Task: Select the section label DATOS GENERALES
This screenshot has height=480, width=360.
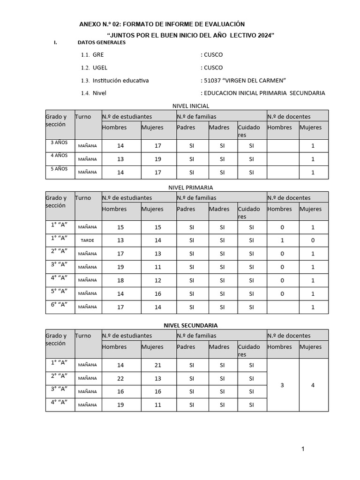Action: tap(101, 43)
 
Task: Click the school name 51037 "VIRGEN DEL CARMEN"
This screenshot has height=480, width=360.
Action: tap(245, 80)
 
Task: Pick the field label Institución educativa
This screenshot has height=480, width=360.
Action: tap(120, 80)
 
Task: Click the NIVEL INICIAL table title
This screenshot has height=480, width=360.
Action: tap(191, 106)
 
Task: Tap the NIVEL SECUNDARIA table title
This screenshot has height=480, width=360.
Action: tap(190, 325)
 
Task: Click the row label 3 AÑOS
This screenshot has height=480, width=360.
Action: tap(59, 142)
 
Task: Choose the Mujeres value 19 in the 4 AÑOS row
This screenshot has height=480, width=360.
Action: tap(157, 159)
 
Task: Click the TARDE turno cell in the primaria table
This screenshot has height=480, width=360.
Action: tap(88, 240)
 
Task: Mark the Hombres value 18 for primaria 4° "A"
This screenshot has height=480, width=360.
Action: tap(120, 280)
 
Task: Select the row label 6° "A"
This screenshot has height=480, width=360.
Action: tap(59, 304)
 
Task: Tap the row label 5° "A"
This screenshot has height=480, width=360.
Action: tap(59, 291)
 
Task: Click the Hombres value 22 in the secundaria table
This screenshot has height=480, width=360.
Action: tap(120, 378)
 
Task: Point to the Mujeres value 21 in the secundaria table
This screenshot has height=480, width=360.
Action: tap(157, 365)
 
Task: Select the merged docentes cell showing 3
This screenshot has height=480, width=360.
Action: tap(282, 385)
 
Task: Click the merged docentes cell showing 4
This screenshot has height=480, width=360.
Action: tap(313, 385)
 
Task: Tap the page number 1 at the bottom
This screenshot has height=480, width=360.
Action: tap(303, 449)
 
